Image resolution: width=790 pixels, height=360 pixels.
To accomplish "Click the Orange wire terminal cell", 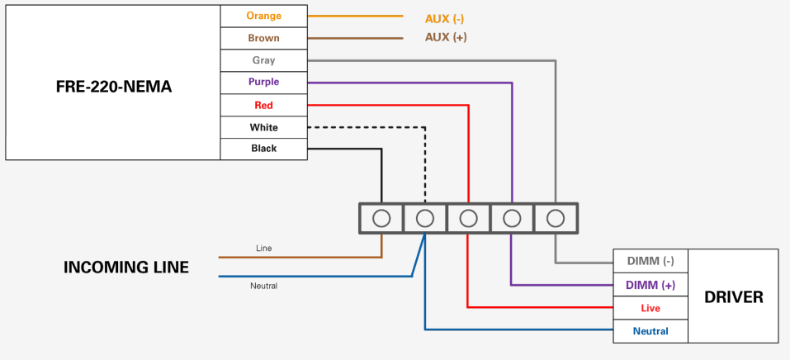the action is click(x=263, y=17).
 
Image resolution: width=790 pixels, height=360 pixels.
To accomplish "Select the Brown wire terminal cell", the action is click(x=263, y=38).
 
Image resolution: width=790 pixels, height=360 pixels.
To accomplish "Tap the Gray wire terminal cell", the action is click(x=263, y=60).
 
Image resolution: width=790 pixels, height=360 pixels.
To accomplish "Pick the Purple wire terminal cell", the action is click(x=263, y=83).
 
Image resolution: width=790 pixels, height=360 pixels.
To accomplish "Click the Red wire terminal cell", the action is click(x=263, y=105).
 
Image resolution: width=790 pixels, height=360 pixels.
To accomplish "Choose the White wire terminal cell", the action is click(x=263, y=127).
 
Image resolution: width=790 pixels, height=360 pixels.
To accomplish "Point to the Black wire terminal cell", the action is click(x=263, y=149).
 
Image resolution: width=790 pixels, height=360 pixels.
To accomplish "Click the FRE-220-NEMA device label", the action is click(x=114, y=87).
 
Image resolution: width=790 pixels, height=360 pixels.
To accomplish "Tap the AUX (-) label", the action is click(x=444, y=19).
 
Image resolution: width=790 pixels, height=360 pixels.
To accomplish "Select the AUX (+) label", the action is click(x=446, y=37).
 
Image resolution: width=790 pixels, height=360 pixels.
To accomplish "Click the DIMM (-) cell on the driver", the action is click(x=650, y=261).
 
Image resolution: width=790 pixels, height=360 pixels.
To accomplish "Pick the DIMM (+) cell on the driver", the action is click(x=650, y=285).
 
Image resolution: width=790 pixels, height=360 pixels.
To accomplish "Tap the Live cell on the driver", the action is click(x=650, y=308).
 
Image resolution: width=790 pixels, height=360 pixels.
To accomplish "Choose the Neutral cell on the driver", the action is click(x=650, y=331).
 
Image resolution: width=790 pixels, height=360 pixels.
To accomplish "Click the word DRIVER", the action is click(x=734, y=297).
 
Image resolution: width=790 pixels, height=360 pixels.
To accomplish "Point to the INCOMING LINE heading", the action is click(x=126, y=268).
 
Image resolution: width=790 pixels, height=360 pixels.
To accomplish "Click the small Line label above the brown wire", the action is click(x=264, y=248).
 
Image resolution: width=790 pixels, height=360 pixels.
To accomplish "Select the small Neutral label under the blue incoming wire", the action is click(x=264, y=286).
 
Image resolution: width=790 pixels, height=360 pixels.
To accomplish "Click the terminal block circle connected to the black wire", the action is click(x=381, y=218).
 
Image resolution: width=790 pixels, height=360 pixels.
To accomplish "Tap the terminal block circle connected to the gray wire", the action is click(x=556, y=218).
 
